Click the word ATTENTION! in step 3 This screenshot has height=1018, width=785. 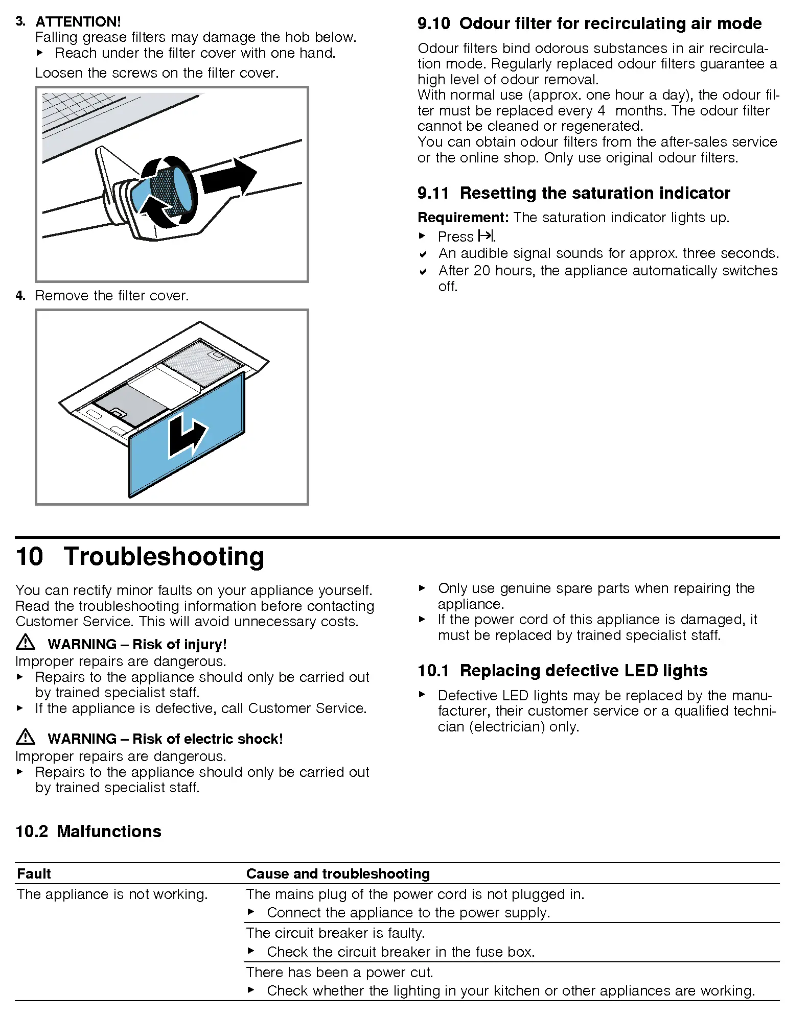click(x=78, y=21)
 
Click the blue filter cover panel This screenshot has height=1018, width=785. click(x=187, y=435)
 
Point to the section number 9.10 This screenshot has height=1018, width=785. click(x=433, y=23)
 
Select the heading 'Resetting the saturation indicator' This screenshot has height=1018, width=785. click(x=595, y=193)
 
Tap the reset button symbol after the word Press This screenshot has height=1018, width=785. click(x=486, y=236)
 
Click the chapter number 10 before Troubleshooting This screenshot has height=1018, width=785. click(x=30, y=556)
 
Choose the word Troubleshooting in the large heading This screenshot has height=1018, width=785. click(x=164, y=556)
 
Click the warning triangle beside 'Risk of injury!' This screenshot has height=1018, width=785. click(x=26, y=643)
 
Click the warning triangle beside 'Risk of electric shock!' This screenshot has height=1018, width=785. click(x=26, y=737)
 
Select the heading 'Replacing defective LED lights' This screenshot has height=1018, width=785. click(x=584, y=671)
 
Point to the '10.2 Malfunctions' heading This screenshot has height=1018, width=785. click(x=88, y=832)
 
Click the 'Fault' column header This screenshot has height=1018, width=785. click(x=34, y=874)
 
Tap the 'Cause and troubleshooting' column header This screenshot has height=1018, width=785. click(x=338, y=874)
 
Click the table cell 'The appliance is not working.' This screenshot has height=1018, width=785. click(x=112, y=894)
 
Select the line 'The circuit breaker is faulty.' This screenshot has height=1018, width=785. click(x=335, y=933)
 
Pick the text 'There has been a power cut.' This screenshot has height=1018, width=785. click(x=339, y=972)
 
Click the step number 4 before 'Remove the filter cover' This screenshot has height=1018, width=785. click(x=20, y=296)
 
